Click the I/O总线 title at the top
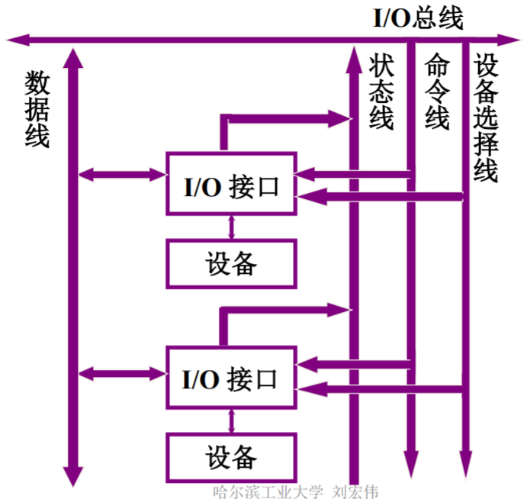(417, 18)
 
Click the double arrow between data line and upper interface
(123, 175)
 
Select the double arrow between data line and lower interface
(123, 373)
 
